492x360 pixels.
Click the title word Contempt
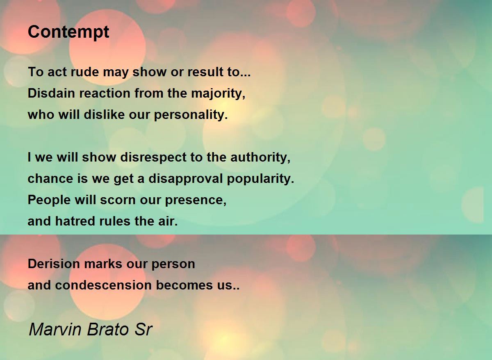68,32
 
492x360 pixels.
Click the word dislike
104,114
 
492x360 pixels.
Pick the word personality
191,115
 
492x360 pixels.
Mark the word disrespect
153,158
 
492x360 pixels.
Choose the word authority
260,158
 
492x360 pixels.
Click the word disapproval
186,179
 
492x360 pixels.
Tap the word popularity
260,179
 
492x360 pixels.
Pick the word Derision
54,264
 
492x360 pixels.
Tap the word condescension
103,285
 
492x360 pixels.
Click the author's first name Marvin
55,329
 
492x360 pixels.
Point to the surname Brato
108,329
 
